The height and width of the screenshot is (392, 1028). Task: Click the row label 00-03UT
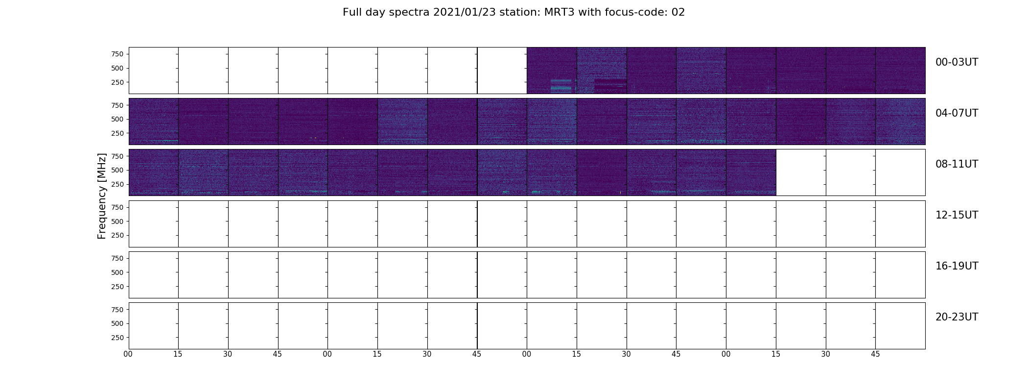click(957, 62)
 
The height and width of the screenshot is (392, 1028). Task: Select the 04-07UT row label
click(957, 113)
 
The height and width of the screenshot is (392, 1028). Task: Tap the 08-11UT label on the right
click(957, 164)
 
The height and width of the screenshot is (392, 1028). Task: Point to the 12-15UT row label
click(957, 215)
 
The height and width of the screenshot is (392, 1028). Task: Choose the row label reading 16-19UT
click(957, 266)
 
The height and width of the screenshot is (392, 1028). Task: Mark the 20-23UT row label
click(957, 317)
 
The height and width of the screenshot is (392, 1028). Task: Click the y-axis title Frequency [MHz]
click(102, 196)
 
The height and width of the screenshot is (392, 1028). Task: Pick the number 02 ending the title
click(678, 12)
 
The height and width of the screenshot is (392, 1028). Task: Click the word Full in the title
click(352, 12)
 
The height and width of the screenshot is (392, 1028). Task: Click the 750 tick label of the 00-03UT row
click(117, 54)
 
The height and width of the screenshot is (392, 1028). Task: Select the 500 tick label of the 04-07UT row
click(117, 119)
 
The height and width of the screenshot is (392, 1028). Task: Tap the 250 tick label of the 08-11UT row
click(117, 184)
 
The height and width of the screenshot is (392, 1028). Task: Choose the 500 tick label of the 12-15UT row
click(117, 221)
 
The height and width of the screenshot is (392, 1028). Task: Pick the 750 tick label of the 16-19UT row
click(117, 258)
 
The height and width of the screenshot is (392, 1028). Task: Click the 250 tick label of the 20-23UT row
click(117, 338)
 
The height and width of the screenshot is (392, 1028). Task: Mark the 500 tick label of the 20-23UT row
click(117, 323)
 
